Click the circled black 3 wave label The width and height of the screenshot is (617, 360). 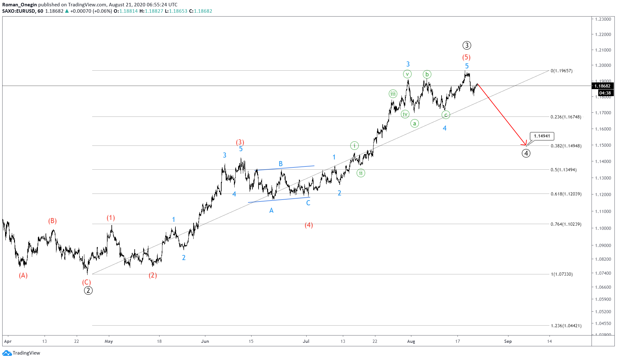(x=466, y=45)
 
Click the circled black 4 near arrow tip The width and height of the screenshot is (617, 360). (x=526, y=153)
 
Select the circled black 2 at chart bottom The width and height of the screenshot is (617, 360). (x=88, y=290)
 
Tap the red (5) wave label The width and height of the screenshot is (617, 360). (x=466, y=57)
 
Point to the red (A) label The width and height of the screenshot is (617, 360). (x=23, y=275)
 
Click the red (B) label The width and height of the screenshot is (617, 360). (x=52, y=221)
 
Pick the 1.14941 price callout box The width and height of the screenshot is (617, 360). (x=542, y=136)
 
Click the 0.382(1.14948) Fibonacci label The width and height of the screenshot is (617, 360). (x=566, y=146)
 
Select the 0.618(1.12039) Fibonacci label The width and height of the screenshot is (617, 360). (x=566, y=194)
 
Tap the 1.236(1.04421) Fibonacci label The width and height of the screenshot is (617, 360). (x=566, y=326)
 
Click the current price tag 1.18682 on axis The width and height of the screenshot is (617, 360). (x=602, y=86)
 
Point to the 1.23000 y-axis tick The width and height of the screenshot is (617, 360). (x=603, y=19)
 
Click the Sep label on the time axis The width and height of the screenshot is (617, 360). (x=508, y=341)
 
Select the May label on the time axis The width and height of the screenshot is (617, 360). (x=109, y=341)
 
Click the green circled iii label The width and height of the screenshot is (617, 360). (x=393, y=94)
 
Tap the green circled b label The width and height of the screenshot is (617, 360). (x=427, y=74)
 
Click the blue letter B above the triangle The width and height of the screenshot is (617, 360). (x=280, y=164)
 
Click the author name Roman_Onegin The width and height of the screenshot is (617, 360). (x=19, y=4)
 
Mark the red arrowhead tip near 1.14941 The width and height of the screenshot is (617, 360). (x=526, y=145)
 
